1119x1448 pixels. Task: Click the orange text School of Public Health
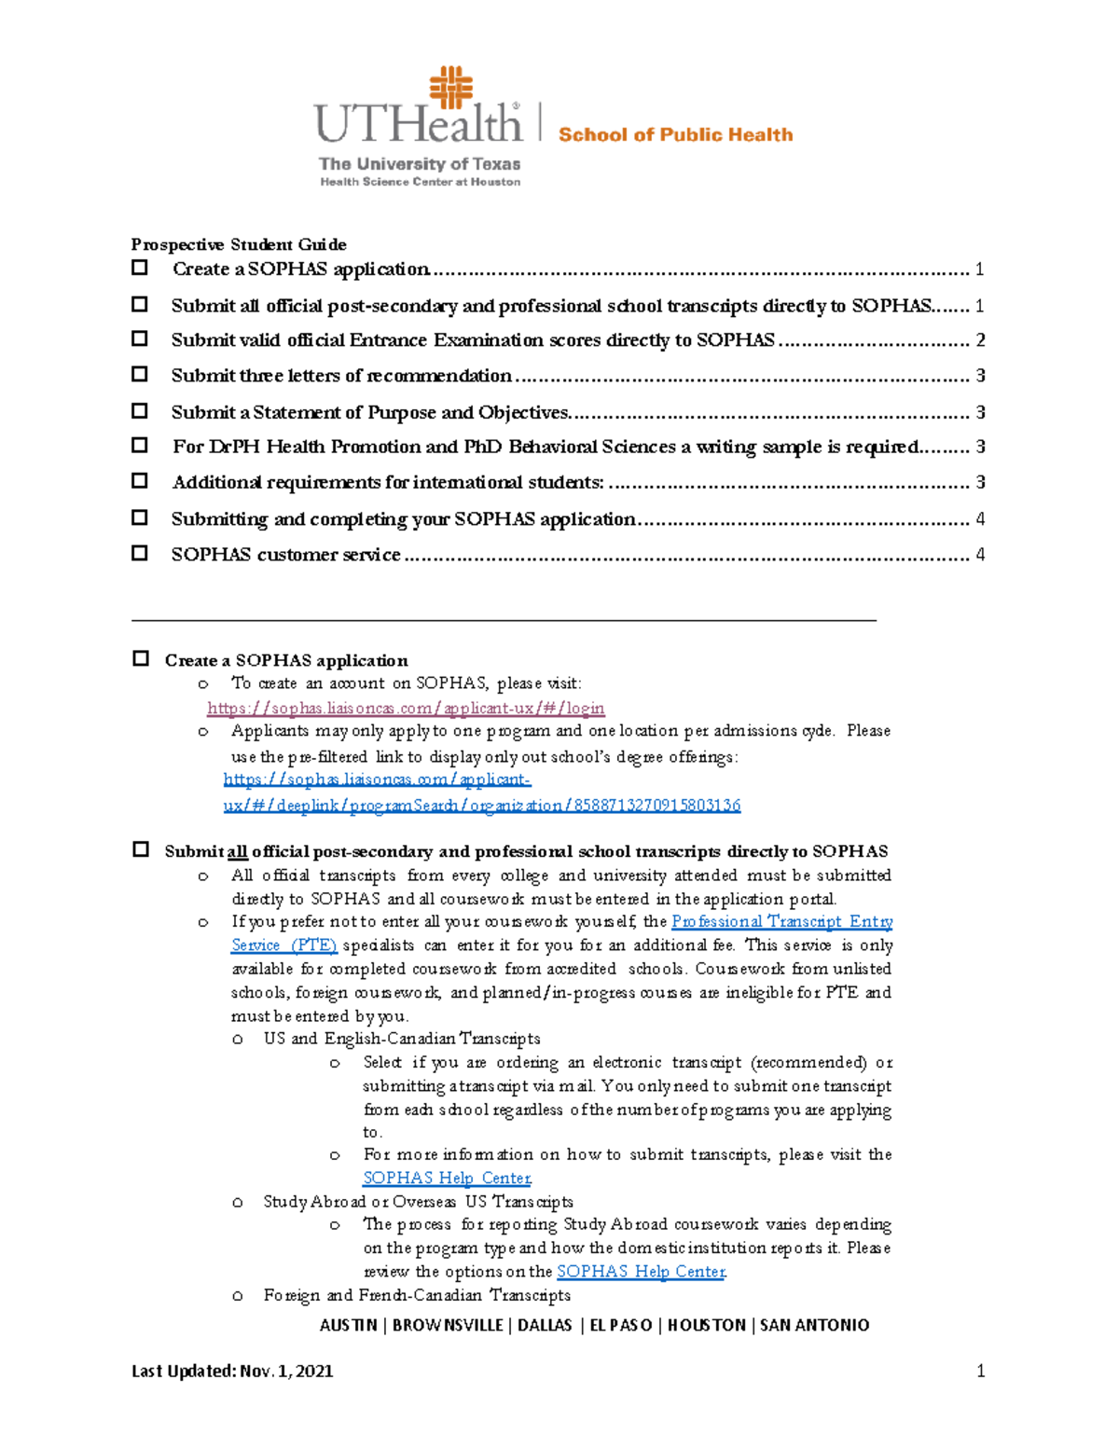coord(675,135)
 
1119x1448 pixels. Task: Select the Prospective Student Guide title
coord(239,244)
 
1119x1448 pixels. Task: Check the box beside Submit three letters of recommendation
coord(140,375)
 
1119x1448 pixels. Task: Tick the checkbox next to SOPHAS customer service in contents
coord(140,553)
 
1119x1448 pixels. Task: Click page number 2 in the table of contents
coord(980,340)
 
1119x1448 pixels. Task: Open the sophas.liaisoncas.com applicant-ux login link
coord(406,709)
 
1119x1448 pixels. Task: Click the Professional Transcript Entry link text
coord(781,921)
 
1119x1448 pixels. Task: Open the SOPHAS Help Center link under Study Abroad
coord(641,1271)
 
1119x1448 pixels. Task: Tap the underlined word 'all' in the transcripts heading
coord(237,851)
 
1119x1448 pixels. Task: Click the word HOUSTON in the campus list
coord(706,1325)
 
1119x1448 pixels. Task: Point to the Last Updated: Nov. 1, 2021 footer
coord(232,1371)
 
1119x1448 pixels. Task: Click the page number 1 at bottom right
coord(980,1371)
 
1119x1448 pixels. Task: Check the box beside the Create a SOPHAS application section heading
coord(140,659)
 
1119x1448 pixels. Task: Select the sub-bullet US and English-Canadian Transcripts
coord(401,1039)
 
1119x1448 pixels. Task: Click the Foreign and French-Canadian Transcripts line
coord(417,1295)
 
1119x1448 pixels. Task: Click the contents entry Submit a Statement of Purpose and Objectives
coord(370,412)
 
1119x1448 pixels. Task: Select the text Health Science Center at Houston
coord(420,182)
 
